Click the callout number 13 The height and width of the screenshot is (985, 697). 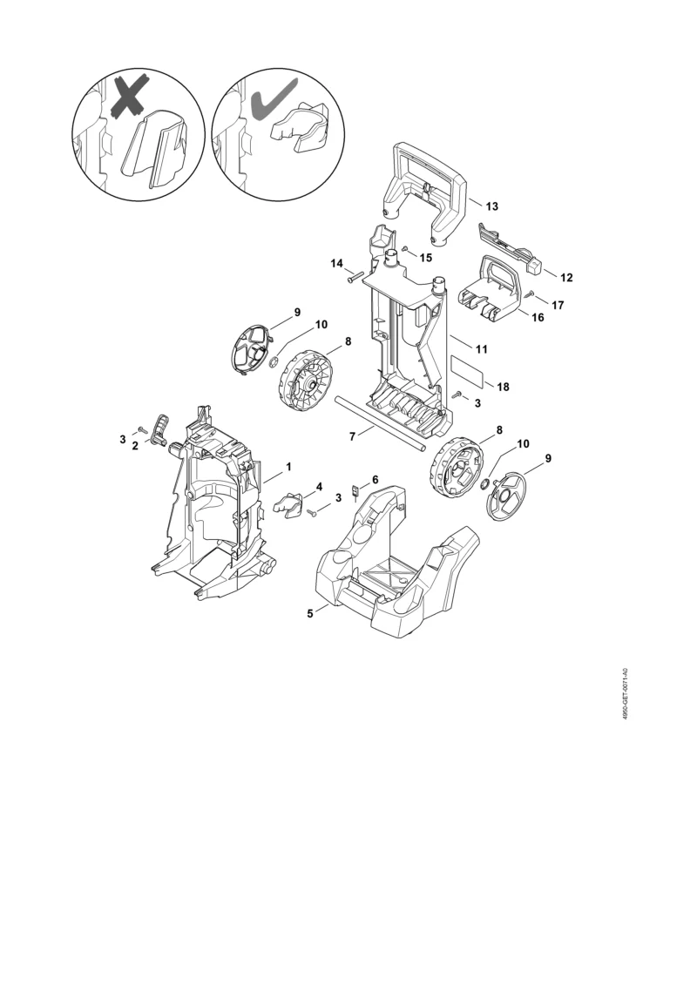pos(492,206)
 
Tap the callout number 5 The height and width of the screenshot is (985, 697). pos(310,614)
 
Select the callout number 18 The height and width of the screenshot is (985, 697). pos(503,387)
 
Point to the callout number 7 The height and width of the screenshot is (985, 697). pos(353,435)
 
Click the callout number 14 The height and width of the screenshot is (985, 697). pos(337,263)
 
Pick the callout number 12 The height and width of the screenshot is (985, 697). pos(566,278)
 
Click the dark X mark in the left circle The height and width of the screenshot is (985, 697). pos(132,96)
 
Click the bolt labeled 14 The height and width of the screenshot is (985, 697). pos(355,276)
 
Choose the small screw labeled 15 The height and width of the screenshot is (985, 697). pos(406,249)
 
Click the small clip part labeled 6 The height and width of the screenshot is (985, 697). pos(355,490)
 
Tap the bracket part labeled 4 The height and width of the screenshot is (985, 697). pos(288,505)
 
